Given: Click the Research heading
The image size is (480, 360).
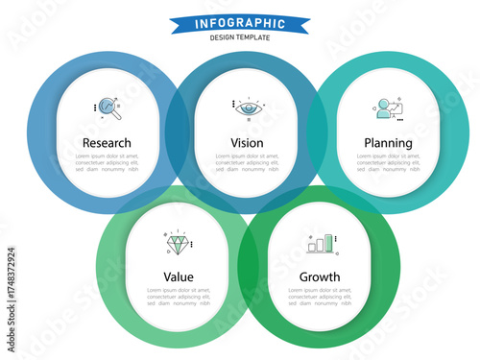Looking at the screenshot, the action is pos(106,143).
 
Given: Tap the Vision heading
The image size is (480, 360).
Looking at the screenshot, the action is pos(247,143).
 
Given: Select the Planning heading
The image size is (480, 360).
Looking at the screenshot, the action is pos(388,143).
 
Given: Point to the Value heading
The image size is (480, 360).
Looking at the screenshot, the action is pos(178,277).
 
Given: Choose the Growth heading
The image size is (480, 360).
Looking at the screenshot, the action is pos(320,277).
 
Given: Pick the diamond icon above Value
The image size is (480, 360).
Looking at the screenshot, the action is pos(178,243).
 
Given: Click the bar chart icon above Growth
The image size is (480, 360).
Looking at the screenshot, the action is pos(320,244).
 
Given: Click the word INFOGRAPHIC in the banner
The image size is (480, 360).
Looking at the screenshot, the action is pos(239,23).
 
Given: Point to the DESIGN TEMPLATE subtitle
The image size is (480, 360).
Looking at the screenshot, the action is pos(239,37).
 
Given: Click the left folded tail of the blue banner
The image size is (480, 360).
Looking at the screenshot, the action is pos(175,25).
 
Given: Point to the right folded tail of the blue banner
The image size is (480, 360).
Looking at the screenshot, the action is pos(304,25).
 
